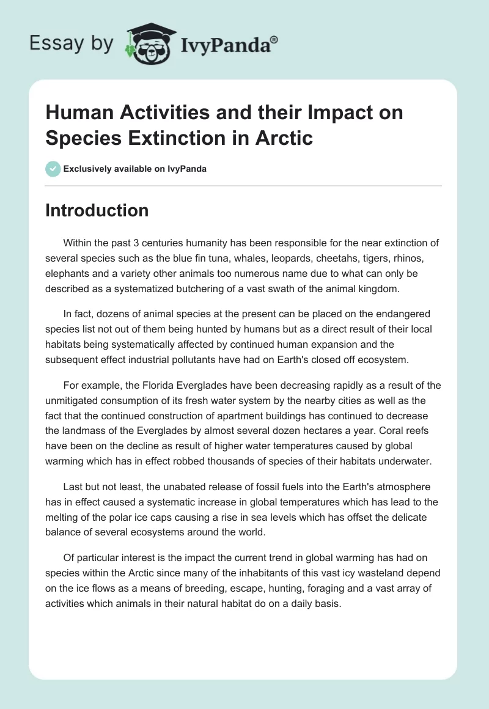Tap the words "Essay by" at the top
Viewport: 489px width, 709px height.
(x=72, y=43)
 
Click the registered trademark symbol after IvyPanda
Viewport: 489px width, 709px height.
(x=274, y=39)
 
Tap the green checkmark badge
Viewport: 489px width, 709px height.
(x=53, y=169)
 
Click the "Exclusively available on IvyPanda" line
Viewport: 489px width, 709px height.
(x=134, y=169)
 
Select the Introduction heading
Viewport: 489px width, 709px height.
(x=97, y=210)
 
